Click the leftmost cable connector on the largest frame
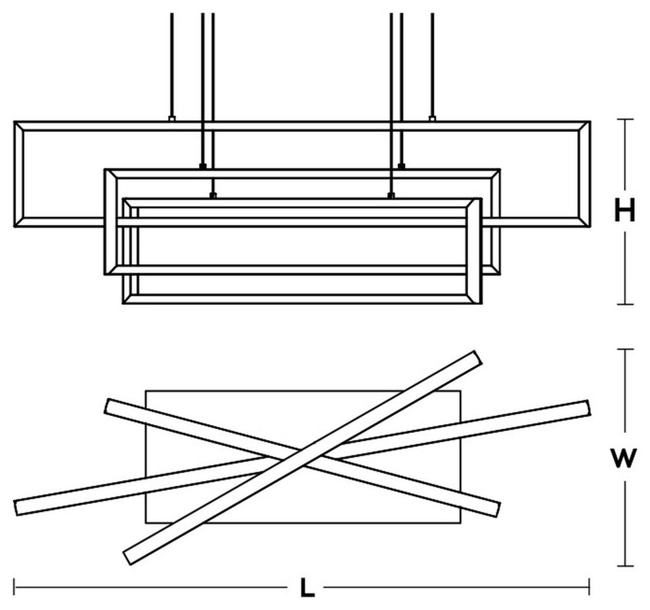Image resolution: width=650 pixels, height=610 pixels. click(x=171, y=119)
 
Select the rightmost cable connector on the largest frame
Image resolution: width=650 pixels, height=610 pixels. click(x=432, y=119)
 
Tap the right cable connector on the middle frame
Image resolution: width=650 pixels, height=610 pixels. click(x=401, y=165)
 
